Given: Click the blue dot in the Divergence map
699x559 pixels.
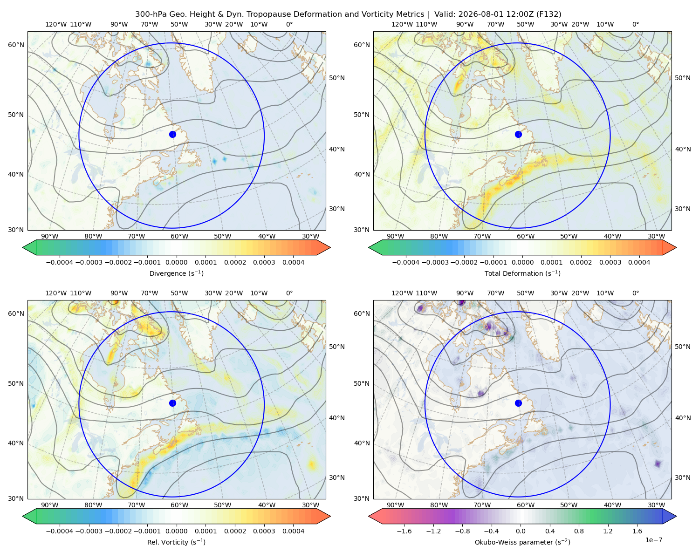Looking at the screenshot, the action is (172, 134).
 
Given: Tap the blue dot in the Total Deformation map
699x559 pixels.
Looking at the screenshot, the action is (518, 134).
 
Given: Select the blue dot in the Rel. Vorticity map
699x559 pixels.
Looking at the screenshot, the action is (172, 403).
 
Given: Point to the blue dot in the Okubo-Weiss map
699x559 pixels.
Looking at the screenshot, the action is (518, 403).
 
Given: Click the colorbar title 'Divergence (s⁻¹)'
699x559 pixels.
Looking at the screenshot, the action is (176, 273).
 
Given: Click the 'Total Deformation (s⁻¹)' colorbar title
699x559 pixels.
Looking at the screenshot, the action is (522, 273).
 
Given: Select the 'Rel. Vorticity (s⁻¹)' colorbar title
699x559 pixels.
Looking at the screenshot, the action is (176, 542).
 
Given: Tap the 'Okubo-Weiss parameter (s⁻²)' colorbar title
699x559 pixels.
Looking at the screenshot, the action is (522, 542).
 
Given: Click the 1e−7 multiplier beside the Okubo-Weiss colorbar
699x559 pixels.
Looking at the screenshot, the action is (653, 540).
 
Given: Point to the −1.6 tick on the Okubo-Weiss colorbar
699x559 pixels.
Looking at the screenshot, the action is (404, 531).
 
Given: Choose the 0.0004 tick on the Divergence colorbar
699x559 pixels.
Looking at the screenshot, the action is (293, 262).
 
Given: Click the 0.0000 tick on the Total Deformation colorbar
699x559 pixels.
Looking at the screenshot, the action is (522, 262).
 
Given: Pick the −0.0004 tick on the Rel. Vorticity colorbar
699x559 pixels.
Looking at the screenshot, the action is (60, 531).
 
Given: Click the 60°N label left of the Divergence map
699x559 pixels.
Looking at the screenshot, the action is (16, 45).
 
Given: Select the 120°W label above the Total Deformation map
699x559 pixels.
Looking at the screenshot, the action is (402, 24).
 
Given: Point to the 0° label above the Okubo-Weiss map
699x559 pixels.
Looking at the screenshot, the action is (635, 293).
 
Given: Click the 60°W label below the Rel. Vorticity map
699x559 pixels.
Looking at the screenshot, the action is (179, 505).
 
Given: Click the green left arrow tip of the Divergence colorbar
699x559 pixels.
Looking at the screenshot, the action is (23, 247).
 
